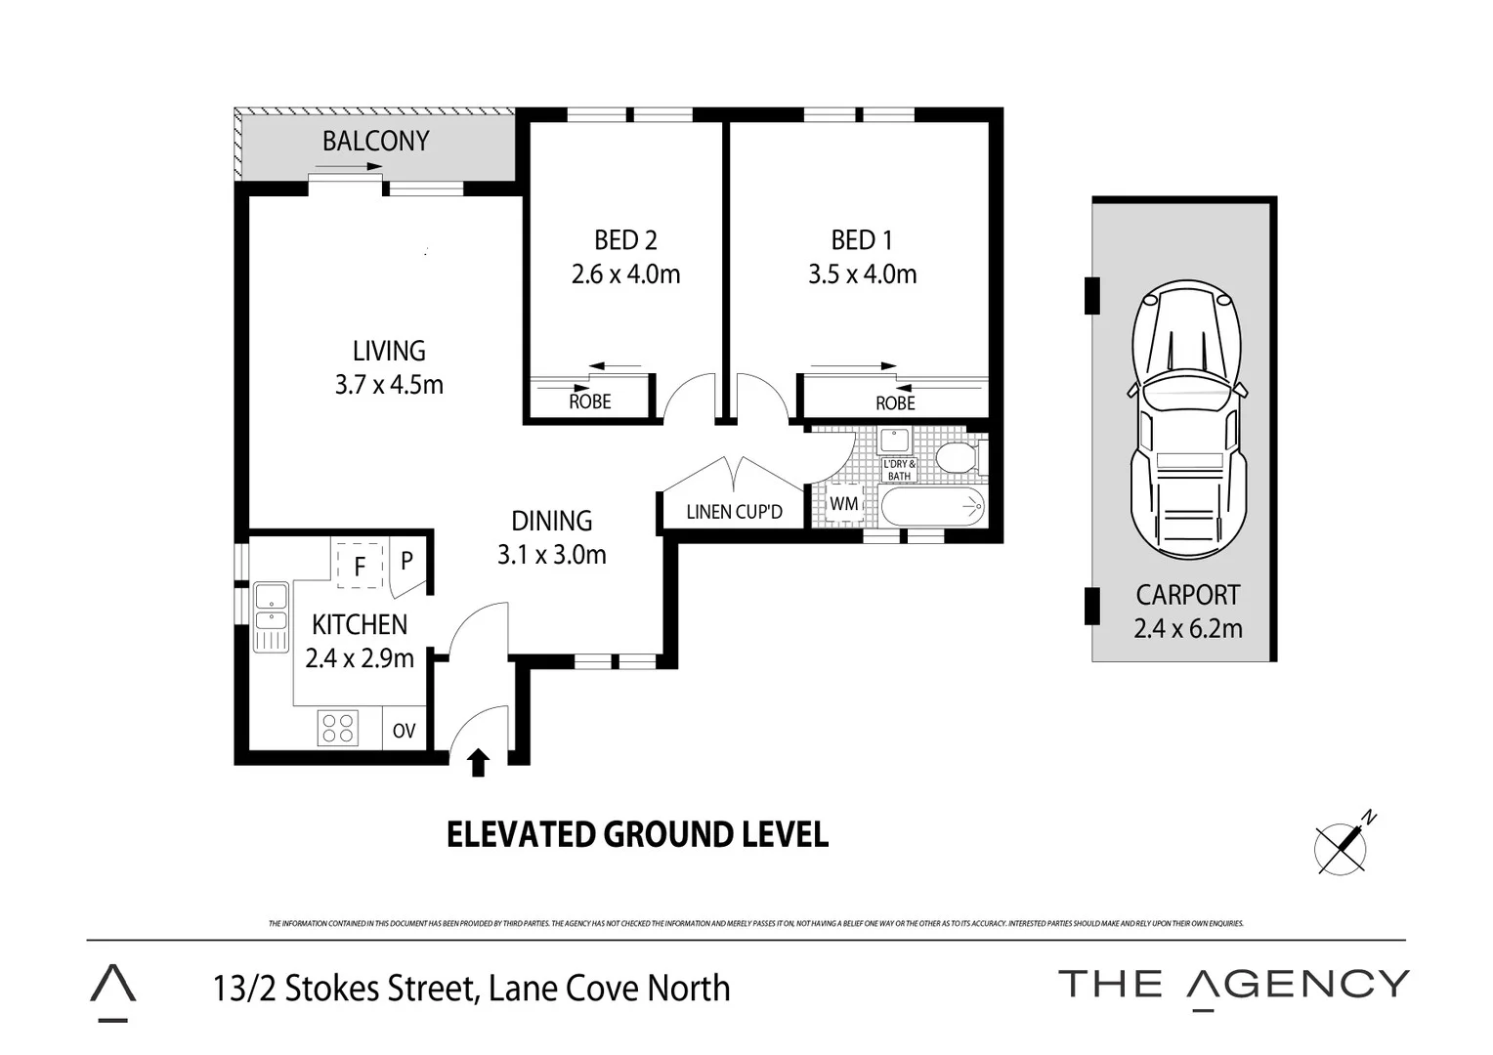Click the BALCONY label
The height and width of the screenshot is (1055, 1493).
pyautogui.click(x=375, y=142)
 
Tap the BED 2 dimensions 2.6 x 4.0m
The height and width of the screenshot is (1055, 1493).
pyautogui.click(x=625, y=274)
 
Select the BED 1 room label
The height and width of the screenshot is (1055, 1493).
pyautogui.click(x=861, y=240)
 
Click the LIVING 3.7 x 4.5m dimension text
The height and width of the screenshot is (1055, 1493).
pyautogui.click(x=389, y=385)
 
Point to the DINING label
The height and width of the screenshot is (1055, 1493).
pyautogui.click(x=551, y=521)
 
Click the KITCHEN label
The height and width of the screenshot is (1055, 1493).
pyautogui.click(x=360, y=624)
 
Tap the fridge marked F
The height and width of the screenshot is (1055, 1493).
pyautogui.click(x=360, y=566)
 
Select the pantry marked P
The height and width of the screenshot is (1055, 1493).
pyautogui.click(x=407, y=561)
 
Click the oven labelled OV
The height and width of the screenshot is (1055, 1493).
pyautogui.click(x=404, y=731)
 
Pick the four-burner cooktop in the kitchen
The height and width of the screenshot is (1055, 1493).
pyautogui.click(x=338, y=729)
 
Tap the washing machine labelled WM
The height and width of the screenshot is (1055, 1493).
pyautogui.click(x=843, y=504)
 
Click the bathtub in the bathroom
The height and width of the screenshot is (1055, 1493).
pyautogui.click(x=932, y=506)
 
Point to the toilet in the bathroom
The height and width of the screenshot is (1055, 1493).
pyautogui.click(x=957, y=457)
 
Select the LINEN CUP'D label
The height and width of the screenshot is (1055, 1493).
pyautogui.click(x=734, y=512)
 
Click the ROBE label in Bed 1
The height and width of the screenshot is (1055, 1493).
pyautogui.click(x=895, y=403)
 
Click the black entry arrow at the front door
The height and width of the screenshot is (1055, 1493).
pyautogui.click(x=479, y=762)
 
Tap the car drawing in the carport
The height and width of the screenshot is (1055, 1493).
pyautogui.click(x=1187, y=420)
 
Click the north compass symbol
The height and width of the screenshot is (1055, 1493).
pyautogui.click(x=1343, y=845)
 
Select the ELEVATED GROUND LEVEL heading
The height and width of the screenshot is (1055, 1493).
pyautogui.click(x=637, y=835)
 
